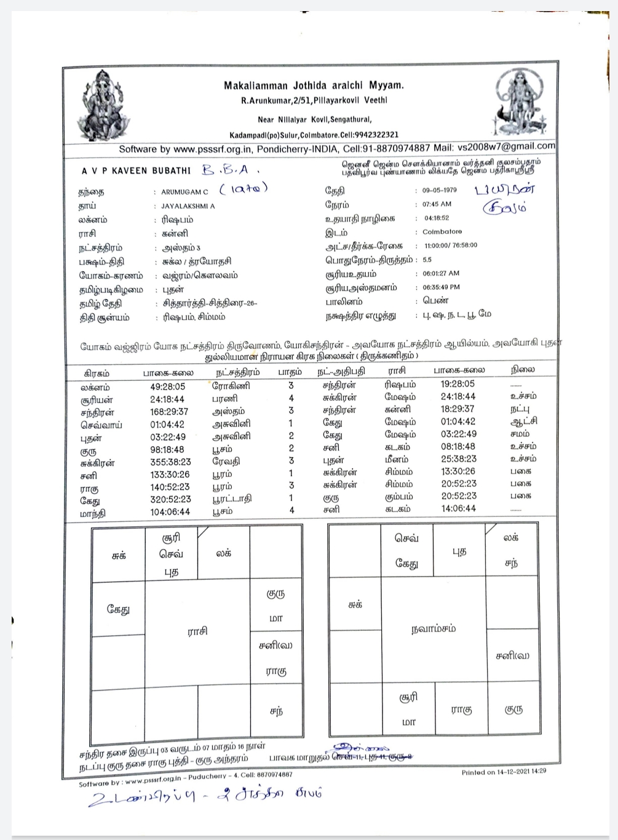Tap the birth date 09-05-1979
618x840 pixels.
tap(440, 191)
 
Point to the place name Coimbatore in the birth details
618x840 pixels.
tap(442, 232)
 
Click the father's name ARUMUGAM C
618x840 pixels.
tap(184, 192)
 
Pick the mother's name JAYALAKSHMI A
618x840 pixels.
tap(188, 206)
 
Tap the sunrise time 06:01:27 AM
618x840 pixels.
tap(441, 273)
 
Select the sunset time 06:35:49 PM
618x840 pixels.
tap(441, 287)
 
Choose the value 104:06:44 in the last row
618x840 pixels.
tap(170, 512)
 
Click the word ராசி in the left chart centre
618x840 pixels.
tap(197, 631)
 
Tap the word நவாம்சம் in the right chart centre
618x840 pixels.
tap(434, 628)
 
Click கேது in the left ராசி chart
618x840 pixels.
tap(118, 610)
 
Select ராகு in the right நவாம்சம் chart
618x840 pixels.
tap(461, 710)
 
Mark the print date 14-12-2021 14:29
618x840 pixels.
tap(504, 771)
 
